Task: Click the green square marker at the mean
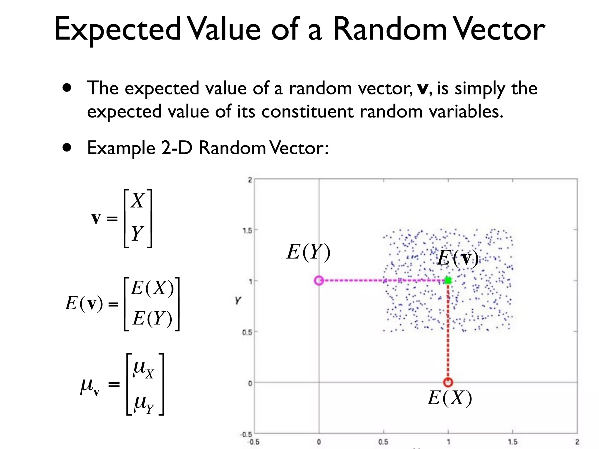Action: click(448, 281)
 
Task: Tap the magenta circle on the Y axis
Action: click(319, 281)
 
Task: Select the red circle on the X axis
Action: click(448, 382)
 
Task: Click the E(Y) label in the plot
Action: click(309, 252)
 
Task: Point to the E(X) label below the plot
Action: click(450, 398)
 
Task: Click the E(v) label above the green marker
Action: click(458, 258)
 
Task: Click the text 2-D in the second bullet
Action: click(177, 148)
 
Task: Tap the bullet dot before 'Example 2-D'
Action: click(67, 148)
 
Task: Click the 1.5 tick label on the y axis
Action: click(247, 230)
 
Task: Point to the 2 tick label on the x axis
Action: click(577, 442)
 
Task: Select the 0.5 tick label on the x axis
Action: click(383, 442)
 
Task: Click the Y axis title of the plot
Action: click(238, 300)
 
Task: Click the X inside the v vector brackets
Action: click(137, 201)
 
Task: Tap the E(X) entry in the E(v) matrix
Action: click(152, 288)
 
